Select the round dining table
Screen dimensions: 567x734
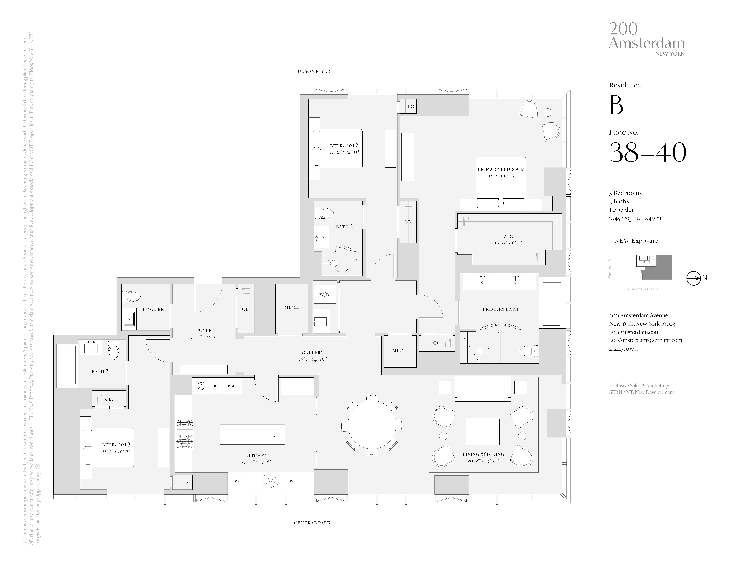pos(372,425)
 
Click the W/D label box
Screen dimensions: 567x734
pos(324,295)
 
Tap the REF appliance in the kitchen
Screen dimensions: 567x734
pos(231,386)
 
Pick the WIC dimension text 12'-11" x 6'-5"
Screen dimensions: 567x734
pos(508,242)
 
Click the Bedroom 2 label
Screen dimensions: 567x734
pos(344,146)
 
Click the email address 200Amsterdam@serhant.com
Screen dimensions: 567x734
pos(645,340)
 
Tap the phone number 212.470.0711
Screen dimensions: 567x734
pos(623,349)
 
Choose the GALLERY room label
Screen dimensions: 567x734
pos(312,353)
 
